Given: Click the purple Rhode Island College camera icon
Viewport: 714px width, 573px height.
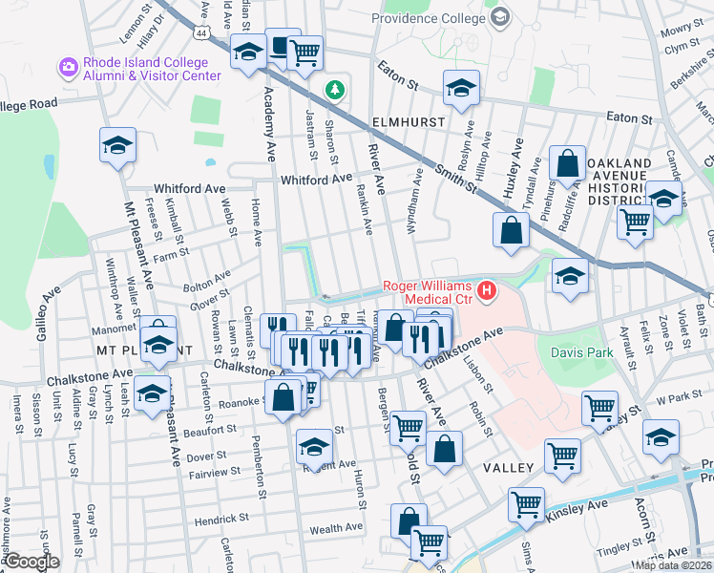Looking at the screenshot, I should click(x=68, y=67).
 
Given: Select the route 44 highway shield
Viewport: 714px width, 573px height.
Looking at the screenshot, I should click(x=199, y=32).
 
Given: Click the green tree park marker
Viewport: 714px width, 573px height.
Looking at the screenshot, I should click(x=334, y=91).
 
